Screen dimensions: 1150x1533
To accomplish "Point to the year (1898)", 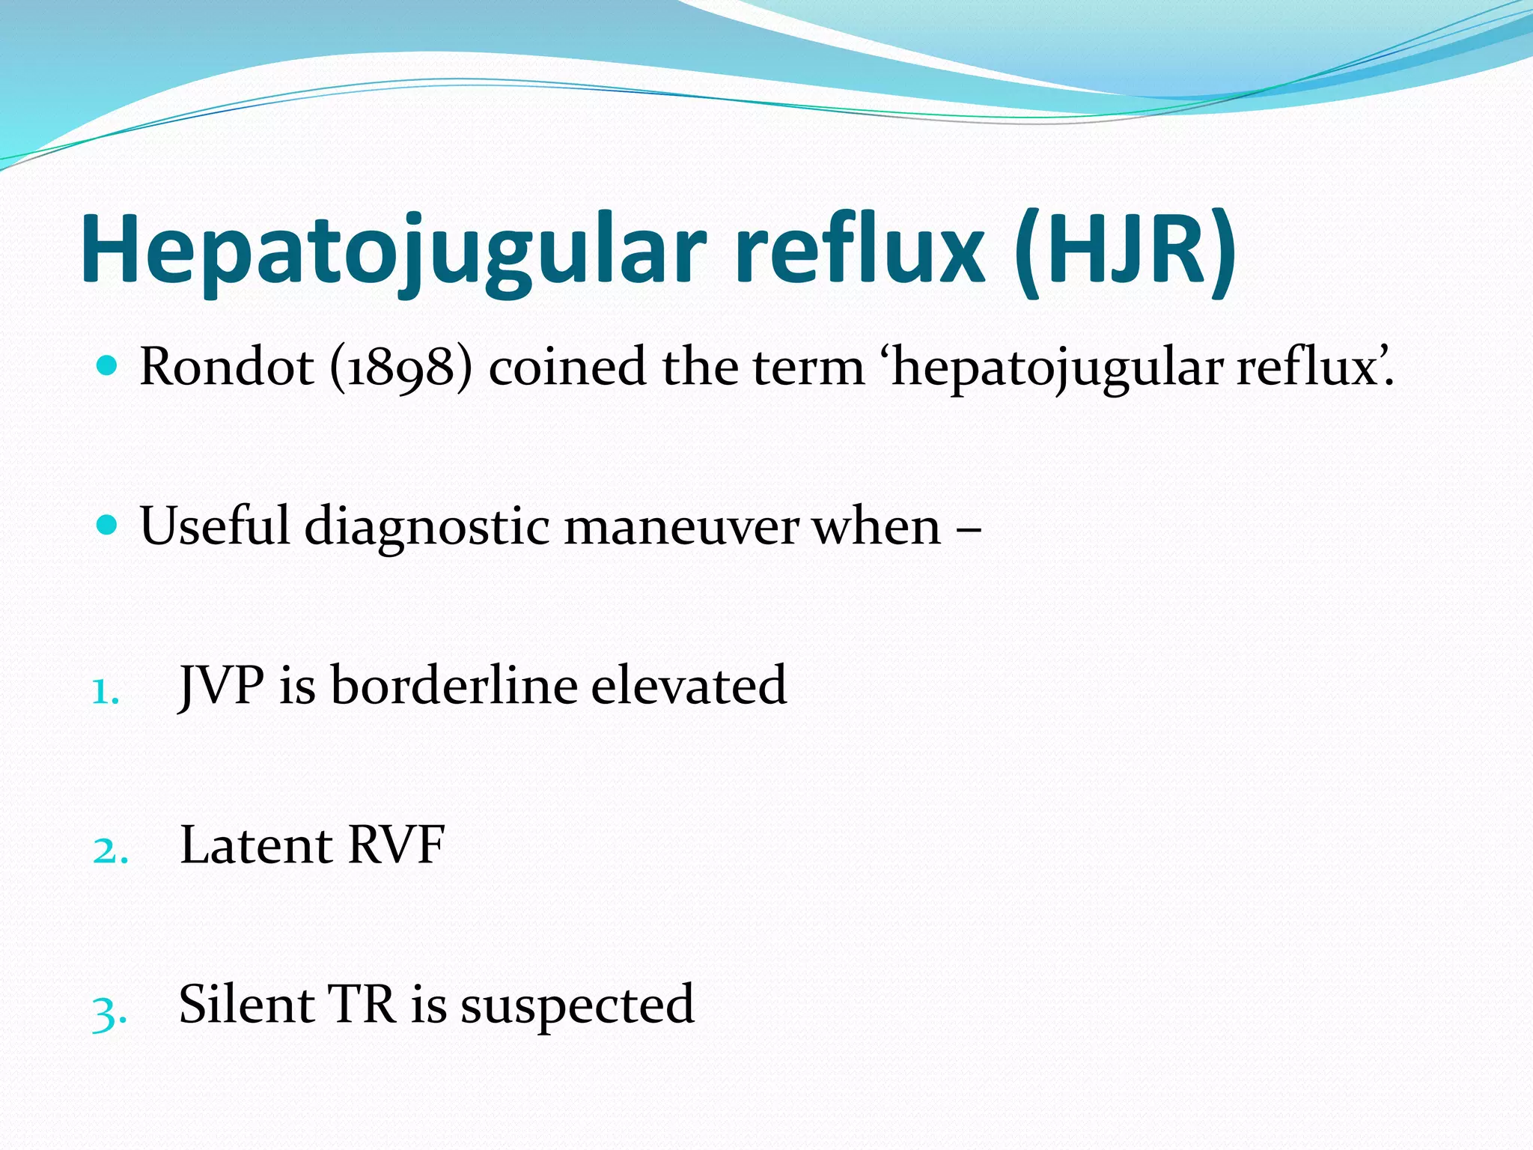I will (401, 368).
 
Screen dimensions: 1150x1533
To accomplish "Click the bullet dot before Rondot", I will (108, 366).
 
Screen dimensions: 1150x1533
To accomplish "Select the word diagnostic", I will (427, 527).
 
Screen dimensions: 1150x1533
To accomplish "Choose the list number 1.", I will (106, 692).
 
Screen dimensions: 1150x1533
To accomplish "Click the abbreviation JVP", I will (222, 686).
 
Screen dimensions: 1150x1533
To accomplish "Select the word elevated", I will (689, 686).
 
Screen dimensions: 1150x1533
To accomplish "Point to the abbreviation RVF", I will (397, 845).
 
